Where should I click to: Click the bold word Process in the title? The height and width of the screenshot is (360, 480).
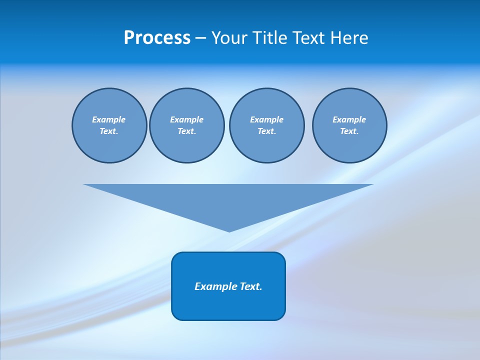157,38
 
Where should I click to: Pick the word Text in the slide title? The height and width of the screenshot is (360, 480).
309,38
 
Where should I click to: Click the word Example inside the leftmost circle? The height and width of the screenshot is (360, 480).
109,119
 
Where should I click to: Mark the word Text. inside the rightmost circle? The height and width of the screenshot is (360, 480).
349,131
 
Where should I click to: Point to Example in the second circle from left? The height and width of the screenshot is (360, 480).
186,119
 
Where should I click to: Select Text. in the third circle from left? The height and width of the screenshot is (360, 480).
266,131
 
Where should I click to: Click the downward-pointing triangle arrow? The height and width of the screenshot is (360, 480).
228,200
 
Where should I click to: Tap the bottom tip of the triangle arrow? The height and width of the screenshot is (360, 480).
229,230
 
